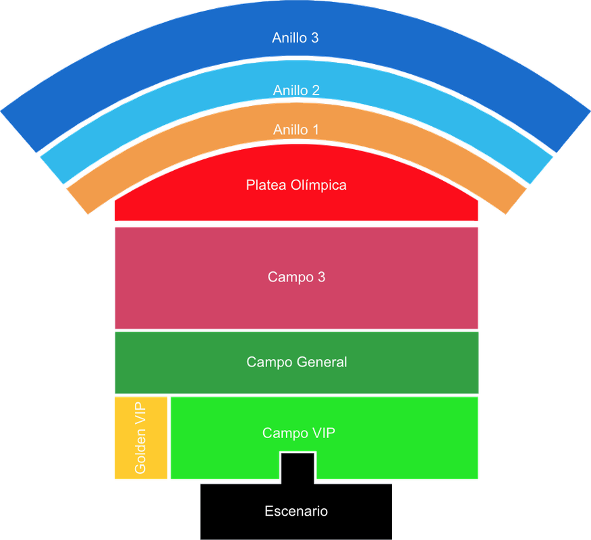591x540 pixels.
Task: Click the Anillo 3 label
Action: pyautogui.click(x=295, y=38)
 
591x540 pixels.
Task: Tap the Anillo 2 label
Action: pyautogui.click(x=296, y=90)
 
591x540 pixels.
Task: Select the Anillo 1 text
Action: pyautogui.click(x=296, y=129)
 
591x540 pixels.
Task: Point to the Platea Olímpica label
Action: pyautogui.click(x=296, y=184)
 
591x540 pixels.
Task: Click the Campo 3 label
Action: pyautogui.click(x=296, y=277)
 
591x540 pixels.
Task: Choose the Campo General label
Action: pyautogui.click(x=296, y=362)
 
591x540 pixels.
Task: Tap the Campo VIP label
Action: pyautogui.click(x=298, y=433)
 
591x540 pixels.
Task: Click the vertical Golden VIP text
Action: pyautogui.click(x=140, y=437)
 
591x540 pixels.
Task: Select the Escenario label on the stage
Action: pyautogui.click(x=296, y=511)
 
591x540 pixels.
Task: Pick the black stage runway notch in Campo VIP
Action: pyautogui.click(x=298, y=466)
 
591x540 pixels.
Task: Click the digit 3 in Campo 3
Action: pyautogui.click(x=321, y=277)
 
